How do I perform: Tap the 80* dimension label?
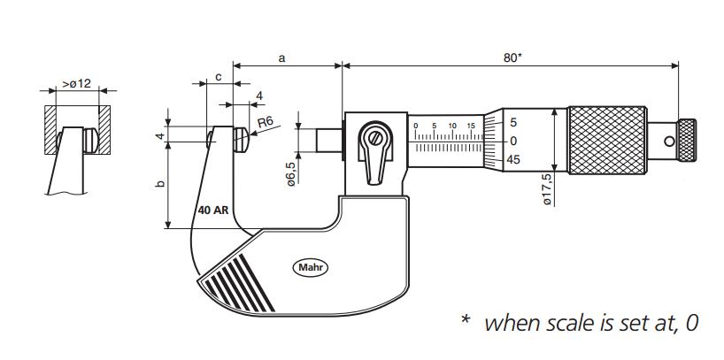click(x=512, y=57)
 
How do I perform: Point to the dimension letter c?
click(x=218, y=77)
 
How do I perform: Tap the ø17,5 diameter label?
click(x=549, y=189)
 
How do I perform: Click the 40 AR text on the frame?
click(x=214, y=211)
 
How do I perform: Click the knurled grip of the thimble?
click(x=605, y=140)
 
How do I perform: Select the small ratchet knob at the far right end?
click(x=687, y=140)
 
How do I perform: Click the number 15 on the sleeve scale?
click(x=472, y=126)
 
